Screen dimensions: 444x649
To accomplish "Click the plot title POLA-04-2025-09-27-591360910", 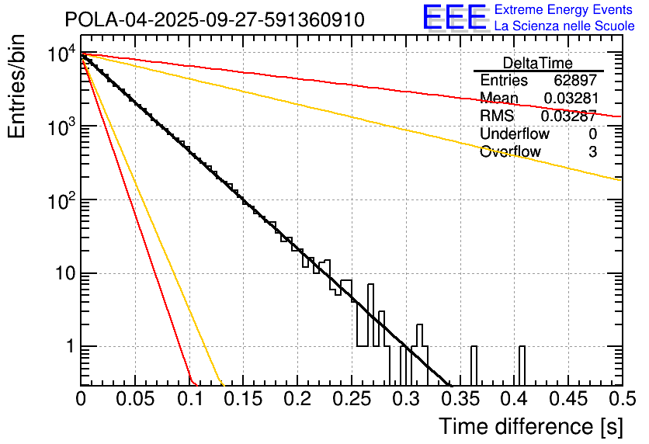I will pos(214,19).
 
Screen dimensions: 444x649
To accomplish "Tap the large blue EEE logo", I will pos(454,18).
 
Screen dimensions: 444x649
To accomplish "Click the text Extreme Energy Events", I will pos(564,10).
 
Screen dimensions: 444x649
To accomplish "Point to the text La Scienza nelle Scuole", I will pos(564,26).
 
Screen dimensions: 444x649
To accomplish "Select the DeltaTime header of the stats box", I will pos(538,63).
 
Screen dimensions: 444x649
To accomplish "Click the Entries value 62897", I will pos(575,81).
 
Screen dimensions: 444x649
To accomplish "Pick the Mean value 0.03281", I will pos(570,99).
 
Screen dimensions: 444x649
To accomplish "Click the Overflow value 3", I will pos(592,152).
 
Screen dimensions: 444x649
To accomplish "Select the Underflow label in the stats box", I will pos(515,134).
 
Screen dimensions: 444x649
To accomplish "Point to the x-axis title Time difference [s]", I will pos(530,426).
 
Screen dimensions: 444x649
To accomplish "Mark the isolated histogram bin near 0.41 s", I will pos(522,366).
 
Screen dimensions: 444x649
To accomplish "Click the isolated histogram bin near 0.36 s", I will pos(474,366).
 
